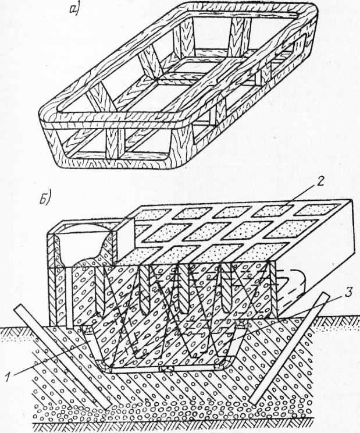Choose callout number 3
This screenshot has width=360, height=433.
coord(348,293)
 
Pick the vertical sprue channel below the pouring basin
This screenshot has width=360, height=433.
coord(69,297)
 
